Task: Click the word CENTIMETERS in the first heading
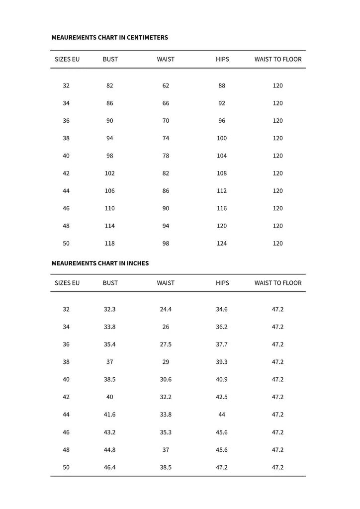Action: (147, 37)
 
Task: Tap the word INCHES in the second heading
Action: (137, 263)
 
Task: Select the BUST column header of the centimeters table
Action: (110, 59)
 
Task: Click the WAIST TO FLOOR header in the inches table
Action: (278, 283)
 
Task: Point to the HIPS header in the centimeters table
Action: (222, 59)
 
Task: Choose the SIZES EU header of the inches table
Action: (67, 283)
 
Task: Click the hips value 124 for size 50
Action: (222, 243)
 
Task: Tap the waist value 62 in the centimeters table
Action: (166, 85)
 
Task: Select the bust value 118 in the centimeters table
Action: (110, 243)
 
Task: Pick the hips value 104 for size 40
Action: (222, 156)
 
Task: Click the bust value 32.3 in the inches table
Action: (110, 309)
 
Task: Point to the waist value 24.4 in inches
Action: (166, 309)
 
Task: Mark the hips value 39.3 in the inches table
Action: (222, 362)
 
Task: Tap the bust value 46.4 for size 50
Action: (110, 467)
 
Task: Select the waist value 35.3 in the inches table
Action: (166, 432)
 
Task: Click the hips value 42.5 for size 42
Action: (222, 397)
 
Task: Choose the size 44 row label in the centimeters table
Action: (66, 191)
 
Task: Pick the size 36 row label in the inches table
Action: (66, 344)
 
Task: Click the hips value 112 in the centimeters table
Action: (222, 191)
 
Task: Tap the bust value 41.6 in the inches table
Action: (110, 415)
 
